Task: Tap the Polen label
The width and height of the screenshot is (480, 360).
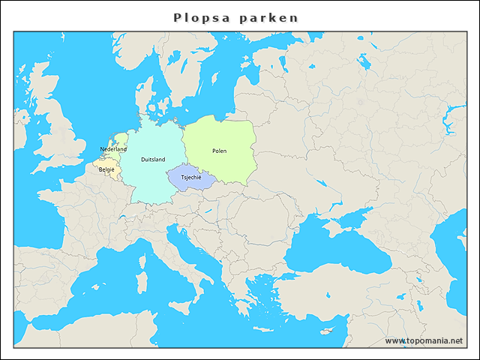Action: coord(219,151)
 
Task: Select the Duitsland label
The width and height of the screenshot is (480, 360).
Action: coord(153,160)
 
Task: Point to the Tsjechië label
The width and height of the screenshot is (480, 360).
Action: coord(191,177)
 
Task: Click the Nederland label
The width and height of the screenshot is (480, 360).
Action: coord(113,149)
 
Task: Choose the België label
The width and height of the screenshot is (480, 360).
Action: coord(106,169)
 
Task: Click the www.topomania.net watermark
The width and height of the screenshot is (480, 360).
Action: coord(424,341)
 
